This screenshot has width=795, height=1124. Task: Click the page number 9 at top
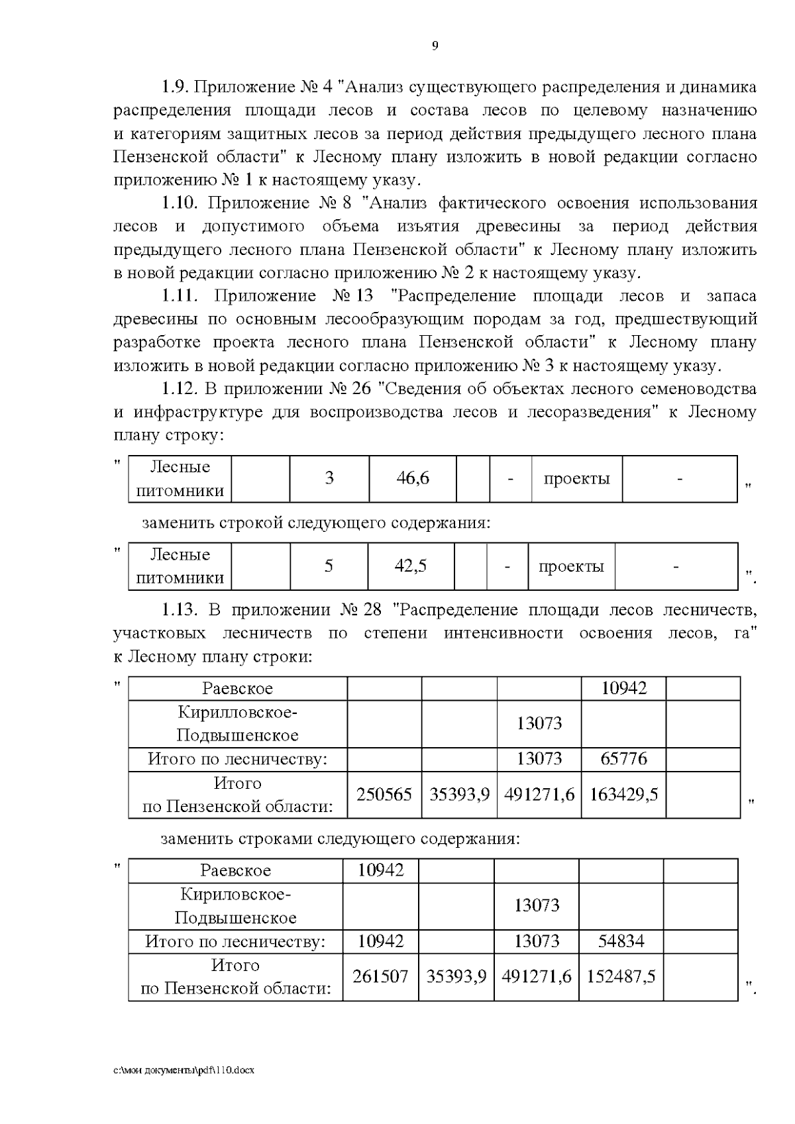(x=435, y=46)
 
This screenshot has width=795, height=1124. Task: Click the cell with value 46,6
(x=412, y=478)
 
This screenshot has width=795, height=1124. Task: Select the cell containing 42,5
(x=410, y=566)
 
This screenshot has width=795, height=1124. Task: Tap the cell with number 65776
(x=623, y=758)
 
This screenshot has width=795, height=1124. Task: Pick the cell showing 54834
(x=621, y=941)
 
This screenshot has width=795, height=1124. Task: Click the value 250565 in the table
(x=384, y=794)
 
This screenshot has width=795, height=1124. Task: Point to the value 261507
(x=380, y=976)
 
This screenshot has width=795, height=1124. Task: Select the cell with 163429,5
(x=623, y=794)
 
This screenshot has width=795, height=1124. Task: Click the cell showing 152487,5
(x=621, y=976)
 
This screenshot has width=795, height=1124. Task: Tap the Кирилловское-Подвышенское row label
(x=237, y=724)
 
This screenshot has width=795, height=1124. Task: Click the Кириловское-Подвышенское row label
(x=235, y=906)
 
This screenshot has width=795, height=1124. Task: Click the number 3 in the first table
(x=329, y=478)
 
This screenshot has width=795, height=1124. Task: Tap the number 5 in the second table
(x=329, y=566)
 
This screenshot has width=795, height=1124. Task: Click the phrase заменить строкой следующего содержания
(x=316, y=523)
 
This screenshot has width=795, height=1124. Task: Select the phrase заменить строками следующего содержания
(x=340, y=839)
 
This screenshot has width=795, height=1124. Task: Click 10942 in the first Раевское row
(x=623, y=688)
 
